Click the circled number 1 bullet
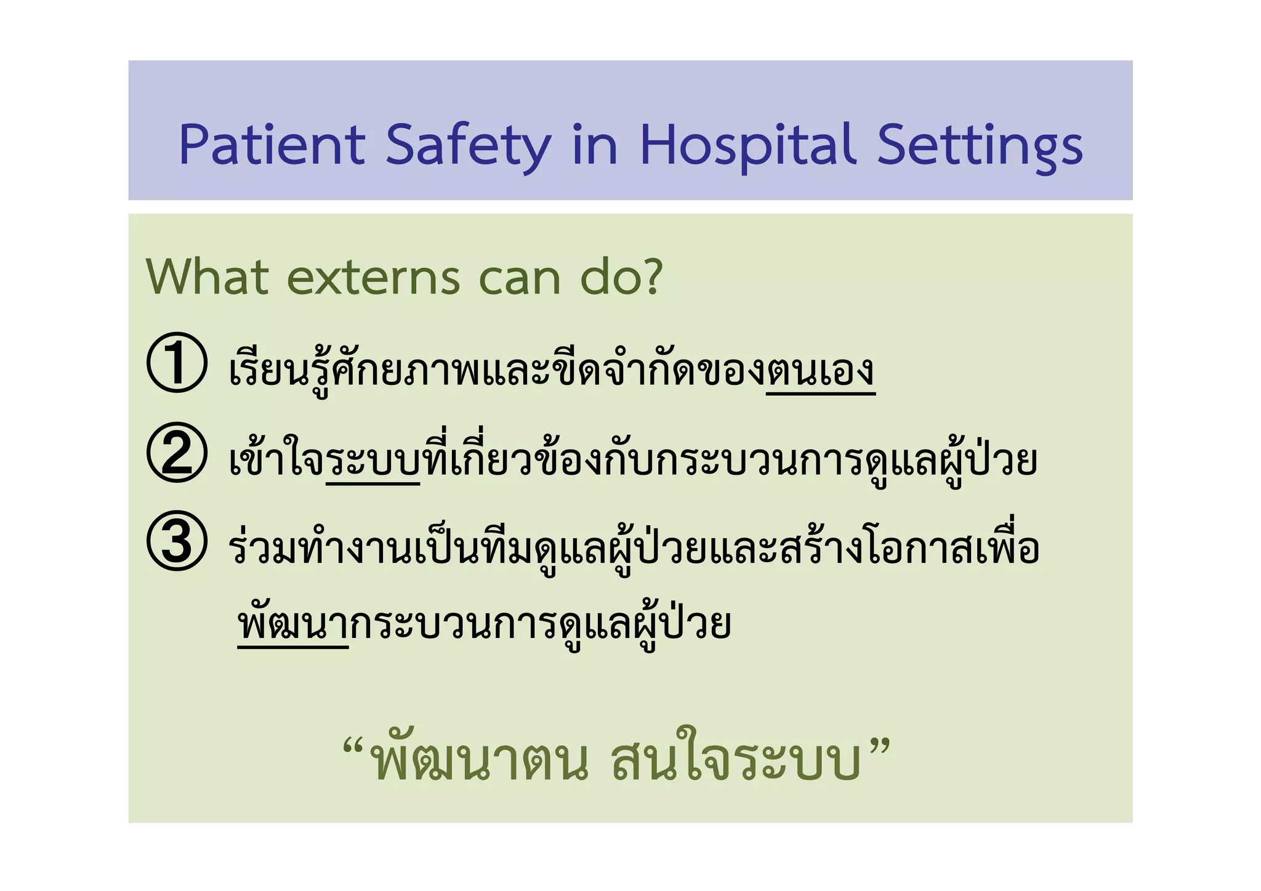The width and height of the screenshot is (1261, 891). (x=177, y=363)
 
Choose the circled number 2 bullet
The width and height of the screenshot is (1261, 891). (x=177, y=453)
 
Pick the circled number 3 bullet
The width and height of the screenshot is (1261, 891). (x=177, y=541)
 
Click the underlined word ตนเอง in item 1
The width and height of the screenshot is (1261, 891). (x=820, y=371)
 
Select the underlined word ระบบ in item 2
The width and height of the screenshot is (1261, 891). (x=373, y=462)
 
